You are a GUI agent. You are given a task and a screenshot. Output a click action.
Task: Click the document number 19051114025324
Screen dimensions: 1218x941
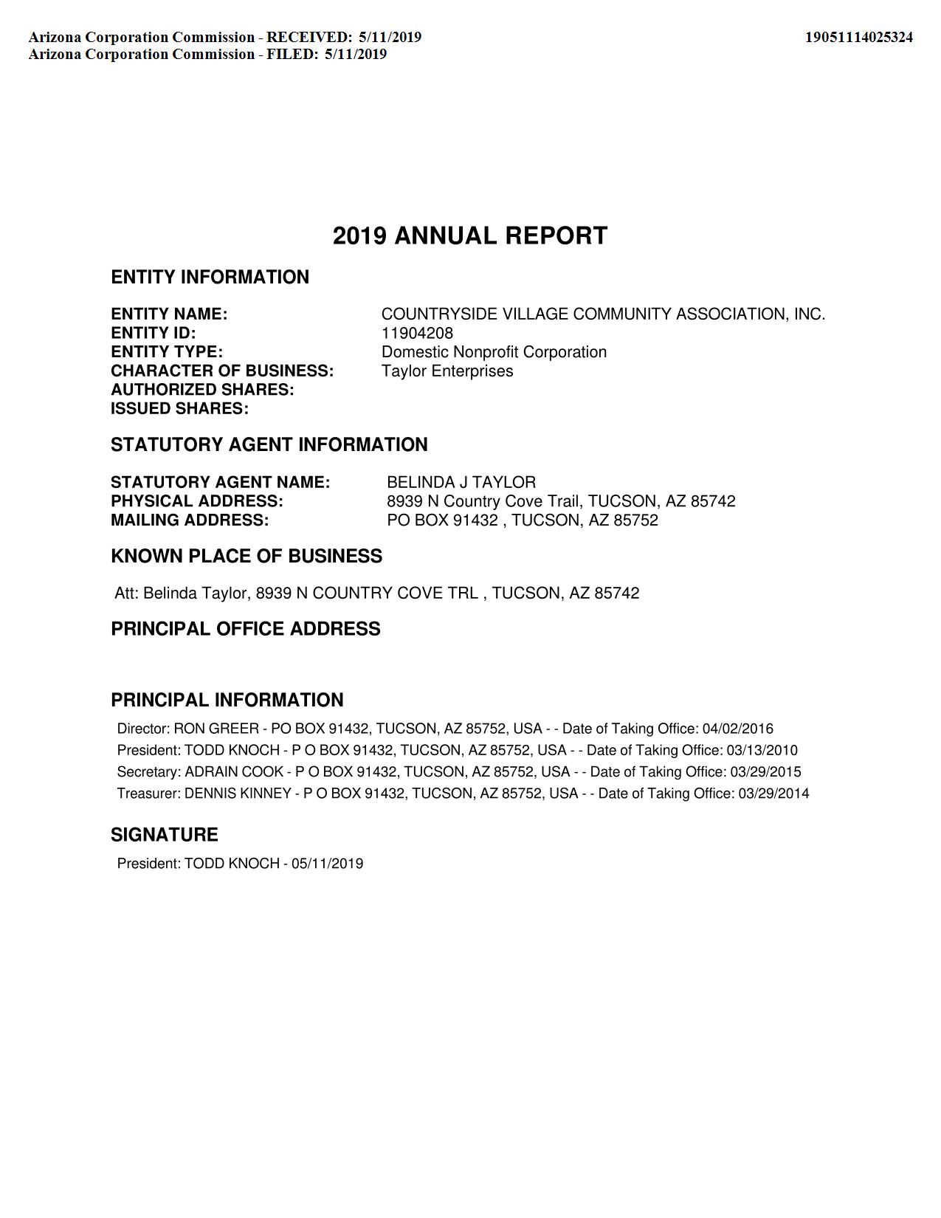click(858, 37)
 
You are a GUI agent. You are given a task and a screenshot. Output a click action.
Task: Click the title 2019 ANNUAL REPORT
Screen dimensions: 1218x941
click(470, 236)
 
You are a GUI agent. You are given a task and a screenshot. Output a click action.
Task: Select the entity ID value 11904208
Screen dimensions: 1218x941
click(417, 333)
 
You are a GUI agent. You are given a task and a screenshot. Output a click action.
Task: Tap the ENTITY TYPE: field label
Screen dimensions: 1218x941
click(167, 352)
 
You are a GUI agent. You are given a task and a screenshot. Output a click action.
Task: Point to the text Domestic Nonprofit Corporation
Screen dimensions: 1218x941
click(494, 352)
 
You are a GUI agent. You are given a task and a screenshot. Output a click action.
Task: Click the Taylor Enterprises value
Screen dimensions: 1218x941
click(447, 371)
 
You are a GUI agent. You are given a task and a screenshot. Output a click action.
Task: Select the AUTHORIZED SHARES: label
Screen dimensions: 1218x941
click(202, 390)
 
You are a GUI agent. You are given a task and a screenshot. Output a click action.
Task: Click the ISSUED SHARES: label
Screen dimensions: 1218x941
click(179, 409)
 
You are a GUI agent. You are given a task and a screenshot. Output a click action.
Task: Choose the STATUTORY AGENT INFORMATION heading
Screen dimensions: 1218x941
click(269, 444)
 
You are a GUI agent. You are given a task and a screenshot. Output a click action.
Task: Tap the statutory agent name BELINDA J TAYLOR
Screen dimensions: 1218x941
click(461, 483)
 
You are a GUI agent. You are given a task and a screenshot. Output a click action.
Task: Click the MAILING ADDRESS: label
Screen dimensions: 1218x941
click(190, 520)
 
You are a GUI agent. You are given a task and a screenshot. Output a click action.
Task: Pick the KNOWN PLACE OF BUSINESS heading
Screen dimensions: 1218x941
click(247, 556)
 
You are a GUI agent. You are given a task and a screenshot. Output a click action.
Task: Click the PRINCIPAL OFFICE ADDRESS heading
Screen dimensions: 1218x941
click(246, 629)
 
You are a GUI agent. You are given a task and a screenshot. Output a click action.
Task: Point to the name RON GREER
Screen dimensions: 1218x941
click(216, 729)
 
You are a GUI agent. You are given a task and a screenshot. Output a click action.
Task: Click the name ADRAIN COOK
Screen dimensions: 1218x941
click(234, 772)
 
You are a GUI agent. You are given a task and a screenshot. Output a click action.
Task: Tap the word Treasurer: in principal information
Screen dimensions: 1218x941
click(148, 794)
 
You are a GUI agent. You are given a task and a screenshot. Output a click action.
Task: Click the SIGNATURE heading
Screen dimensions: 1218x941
click(165, 835)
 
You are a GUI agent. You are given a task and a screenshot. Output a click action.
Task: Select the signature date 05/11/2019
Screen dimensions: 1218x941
click(327, 864)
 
